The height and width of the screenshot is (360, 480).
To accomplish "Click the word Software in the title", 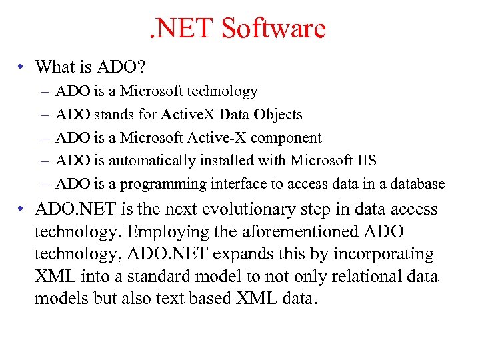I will [x=273, y=29].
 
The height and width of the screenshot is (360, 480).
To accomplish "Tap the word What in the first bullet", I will [x=55, y=67].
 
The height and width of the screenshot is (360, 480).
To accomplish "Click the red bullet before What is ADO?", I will [x=22, y=67].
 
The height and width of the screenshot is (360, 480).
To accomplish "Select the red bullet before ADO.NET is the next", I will [x=22, y=209].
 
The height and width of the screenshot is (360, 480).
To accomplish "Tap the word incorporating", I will [x=382, y=254].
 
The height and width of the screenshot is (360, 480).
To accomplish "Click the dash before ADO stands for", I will [x=43, y=115].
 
